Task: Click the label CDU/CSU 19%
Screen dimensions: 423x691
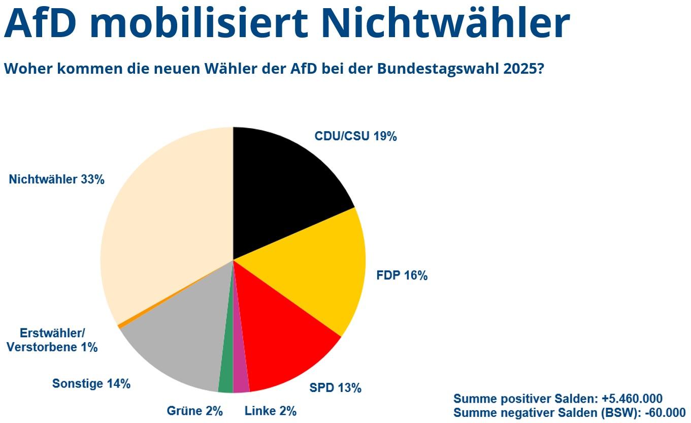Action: (x=355, y=136)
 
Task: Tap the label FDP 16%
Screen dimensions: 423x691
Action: (x=402, y=276)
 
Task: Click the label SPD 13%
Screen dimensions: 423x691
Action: (x=335, y=388)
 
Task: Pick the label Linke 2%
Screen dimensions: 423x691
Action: (x=270, y=411)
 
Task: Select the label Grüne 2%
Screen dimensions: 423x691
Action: (x=194, y=411)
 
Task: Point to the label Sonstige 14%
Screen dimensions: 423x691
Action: (x=91, y=383)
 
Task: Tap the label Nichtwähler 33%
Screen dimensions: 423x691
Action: (x=56, y=179)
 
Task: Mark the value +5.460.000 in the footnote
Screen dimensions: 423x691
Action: (x=632, y=399)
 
